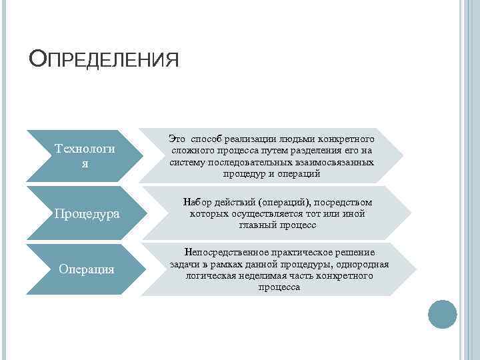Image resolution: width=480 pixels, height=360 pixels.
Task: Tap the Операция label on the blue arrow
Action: [x=86, y=269]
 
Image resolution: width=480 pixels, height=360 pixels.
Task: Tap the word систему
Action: [x=189, y=162]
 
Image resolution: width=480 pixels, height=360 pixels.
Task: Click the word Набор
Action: [x=196, y=202]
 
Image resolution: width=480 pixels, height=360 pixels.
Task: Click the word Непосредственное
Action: [x=226, y=253]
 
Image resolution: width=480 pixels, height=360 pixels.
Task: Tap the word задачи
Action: [x=185, y=264]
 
